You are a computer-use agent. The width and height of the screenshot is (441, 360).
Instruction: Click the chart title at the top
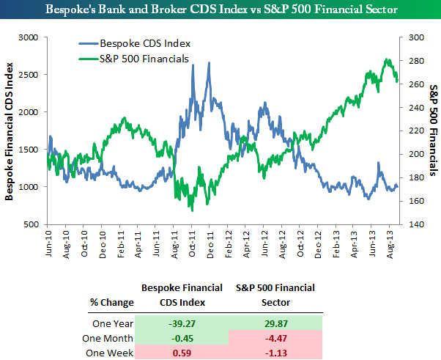coord(220,10)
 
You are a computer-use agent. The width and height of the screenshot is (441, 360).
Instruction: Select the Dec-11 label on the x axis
coord(210,246)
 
